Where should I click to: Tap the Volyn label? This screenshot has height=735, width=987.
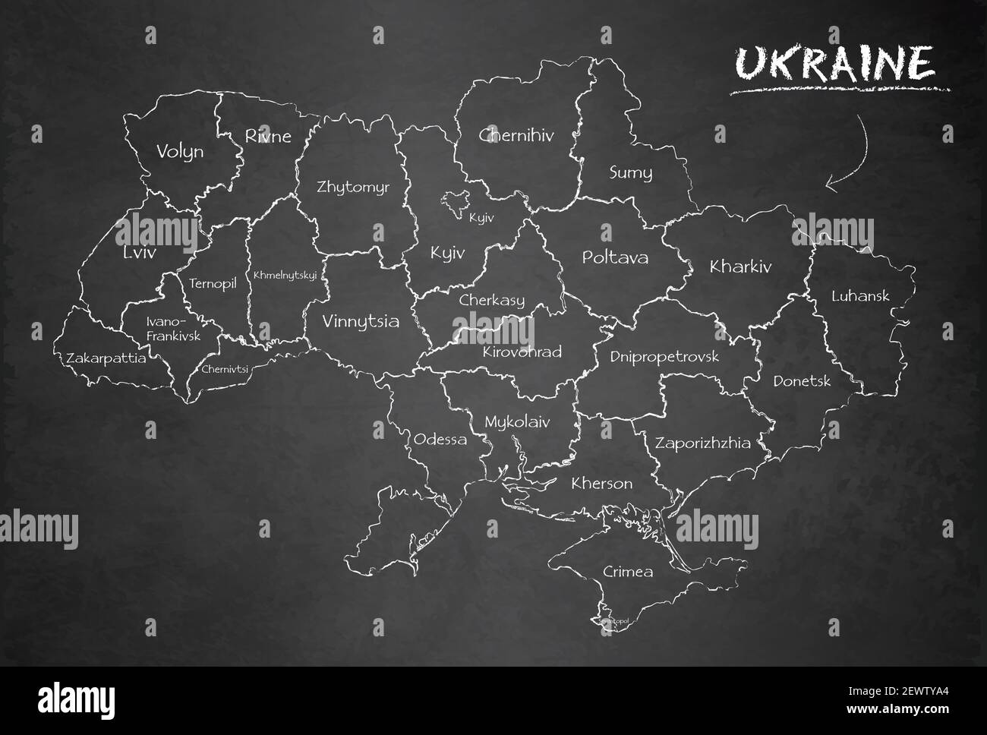click(180, 151)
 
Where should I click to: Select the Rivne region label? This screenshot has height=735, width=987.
click(267, 136)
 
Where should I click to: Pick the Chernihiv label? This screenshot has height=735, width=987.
click(516, 136)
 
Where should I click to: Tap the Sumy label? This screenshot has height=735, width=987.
click(630, 172)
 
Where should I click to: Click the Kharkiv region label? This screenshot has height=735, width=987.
click(739, 267)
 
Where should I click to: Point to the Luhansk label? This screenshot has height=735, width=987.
click(859, 295)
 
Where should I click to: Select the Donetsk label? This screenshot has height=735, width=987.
click(802, 381)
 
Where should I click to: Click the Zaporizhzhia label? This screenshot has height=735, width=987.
click(703, 443)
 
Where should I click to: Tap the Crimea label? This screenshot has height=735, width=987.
click(627, 571)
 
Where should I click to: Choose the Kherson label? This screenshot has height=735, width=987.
click(601, 483)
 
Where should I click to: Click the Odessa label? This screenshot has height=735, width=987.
click(440, 439)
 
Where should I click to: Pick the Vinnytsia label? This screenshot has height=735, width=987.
click(361, 321)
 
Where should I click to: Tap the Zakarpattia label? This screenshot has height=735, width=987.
click(106, 358)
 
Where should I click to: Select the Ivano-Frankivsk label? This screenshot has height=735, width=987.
click(173, 328)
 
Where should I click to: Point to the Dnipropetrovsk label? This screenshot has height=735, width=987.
click(664, 356)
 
